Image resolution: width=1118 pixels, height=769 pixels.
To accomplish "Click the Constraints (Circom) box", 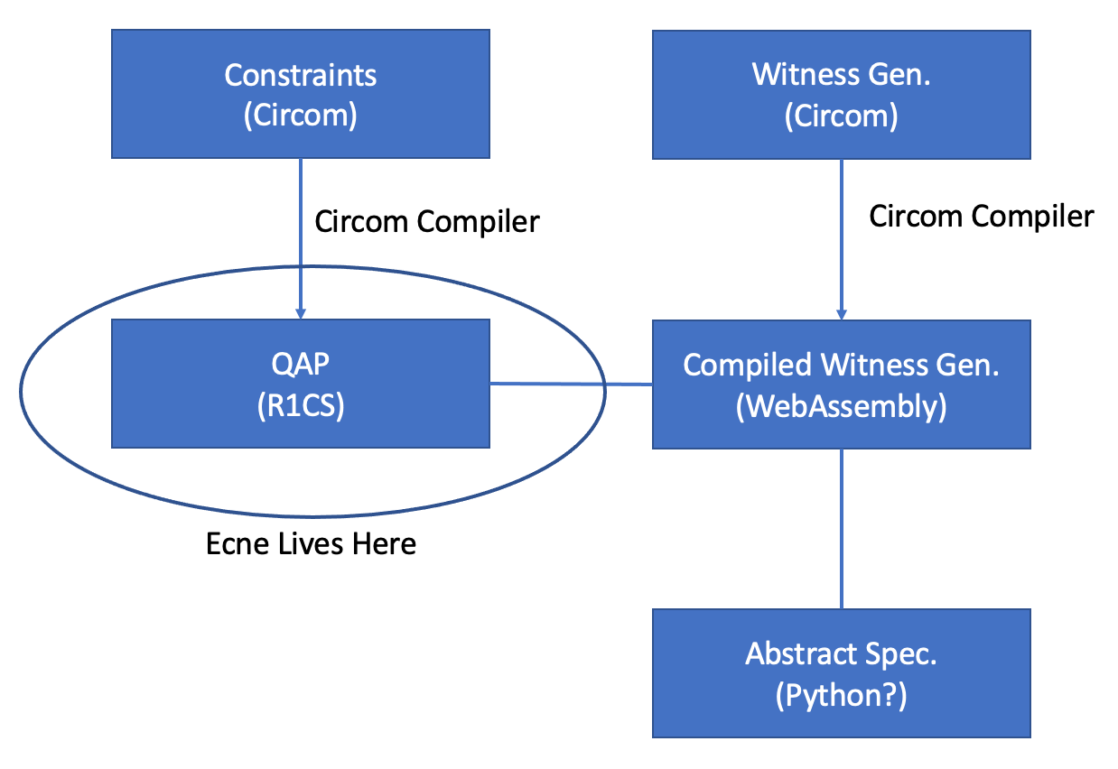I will [300, 94].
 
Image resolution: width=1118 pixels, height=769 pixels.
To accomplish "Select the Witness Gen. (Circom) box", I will [841, 94].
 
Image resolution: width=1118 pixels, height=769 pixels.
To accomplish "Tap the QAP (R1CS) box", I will [300, 384].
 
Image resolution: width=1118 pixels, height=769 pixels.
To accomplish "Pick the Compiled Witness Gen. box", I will [841, 384].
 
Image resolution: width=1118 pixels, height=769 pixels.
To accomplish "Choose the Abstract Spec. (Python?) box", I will [841, 673].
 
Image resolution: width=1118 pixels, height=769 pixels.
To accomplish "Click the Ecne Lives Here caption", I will [312, 543].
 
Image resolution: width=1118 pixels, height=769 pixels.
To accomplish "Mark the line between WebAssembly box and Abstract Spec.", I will [842, 528].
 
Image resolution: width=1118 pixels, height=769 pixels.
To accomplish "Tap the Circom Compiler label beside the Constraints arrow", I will [426, 222].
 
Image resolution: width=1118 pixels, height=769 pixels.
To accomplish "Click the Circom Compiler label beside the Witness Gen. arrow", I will [981, 217].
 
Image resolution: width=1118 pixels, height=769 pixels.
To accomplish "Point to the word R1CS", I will [301, 406].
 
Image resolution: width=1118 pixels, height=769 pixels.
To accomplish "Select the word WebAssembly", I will [841, 407].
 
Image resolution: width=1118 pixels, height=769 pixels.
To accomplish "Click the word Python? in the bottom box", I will [841, 697].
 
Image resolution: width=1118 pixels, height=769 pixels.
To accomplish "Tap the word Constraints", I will [301, 74].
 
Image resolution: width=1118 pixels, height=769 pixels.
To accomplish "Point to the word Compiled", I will [748, 364].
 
